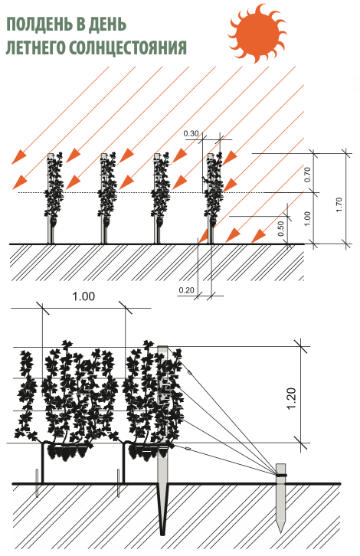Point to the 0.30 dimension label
pos(191,134)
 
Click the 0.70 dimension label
pos(307,174)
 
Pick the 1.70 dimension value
pos(339,204)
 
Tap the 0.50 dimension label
pos(280,229)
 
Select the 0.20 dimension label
pos(187,290)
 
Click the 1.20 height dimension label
pos(292,399)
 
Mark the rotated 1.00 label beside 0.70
pos(307,218)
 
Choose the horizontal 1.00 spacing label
pos(83,296)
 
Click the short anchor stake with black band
pos(280,498)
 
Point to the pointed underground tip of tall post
pos(163,534)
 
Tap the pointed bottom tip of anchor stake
pos(280,531)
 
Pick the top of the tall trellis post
pos(162,346)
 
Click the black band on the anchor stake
pos(282,475)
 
